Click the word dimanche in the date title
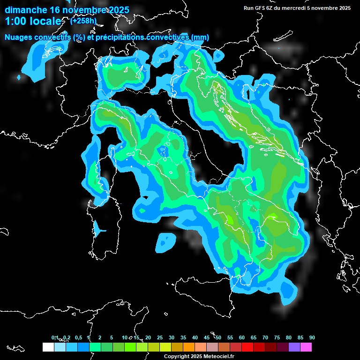25,10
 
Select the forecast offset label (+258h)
83,21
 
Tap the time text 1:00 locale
33,21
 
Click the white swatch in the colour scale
48,347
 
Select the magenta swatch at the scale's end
306,347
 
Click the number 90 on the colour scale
312,337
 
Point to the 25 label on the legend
160,337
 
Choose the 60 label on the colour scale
242,337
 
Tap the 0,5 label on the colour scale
78,337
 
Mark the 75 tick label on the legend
277,337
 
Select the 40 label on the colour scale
195,337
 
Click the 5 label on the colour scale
112,337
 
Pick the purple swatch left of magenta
294,347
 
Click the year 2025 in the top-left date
118,10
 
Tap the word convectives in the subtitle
167,37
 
